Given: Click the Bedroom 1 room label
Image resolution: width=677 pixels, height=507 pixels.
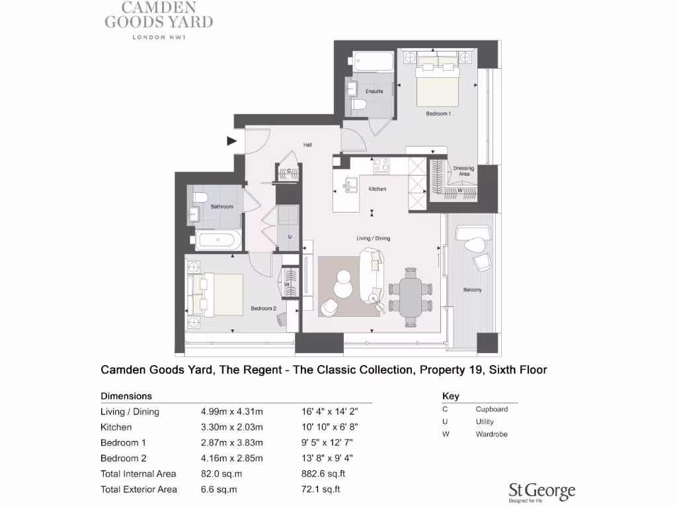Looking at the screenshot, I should [x=438, y=114].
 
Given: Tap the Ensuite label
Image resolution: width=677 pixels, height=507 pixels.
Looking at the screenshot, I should [x=374, y=91].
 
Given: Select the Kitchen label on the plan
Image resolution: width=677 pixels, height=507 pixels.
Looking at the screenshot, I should [x=377, y=189].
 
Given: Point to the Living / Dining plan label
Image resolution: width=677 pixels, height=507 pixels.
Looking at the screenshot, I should [x=374, y=238].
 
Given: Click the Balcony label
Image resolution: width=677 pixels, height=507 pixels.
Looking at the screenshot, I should [x=472, y=290].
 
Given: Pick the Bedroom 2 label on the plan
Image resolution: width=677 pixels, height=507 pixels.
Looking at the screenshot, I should [x=263, y=308].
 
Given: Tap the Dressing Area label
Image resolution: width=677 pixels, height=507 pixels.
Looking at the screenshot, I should [x=463, y=171].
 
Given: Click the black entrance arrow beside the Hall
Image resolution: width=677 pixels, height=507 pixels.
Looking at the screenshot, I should [x=231, y=141].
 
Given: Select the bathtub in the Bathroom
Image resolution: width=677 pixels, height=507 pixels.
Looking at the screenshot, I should [x=219, y=240].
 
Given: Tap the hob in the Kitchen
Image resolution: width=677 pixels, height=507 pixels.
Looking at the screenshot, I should [x=381, y=166].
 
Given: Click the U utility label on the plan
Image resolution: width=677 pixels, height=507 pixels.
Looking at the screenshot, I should [x=290, y=237].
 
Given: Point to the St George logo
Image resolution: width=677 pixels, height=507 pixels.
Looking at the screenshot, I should [x=541, y=491].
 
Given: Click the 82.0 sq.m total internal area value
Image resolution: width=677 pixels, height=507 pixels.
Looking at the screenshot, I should [x=219, y=473].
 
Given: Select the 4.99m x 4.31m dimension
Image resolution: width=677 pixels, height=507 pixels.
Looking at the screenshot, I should [x=232, y=412].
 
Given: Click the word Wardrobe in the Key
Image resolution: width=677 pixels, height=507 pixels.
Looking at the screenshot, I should [x=491, y=434].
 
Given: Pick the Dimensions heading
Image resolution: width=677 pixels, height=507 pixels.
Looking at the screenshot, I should [x=126, y=397].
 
